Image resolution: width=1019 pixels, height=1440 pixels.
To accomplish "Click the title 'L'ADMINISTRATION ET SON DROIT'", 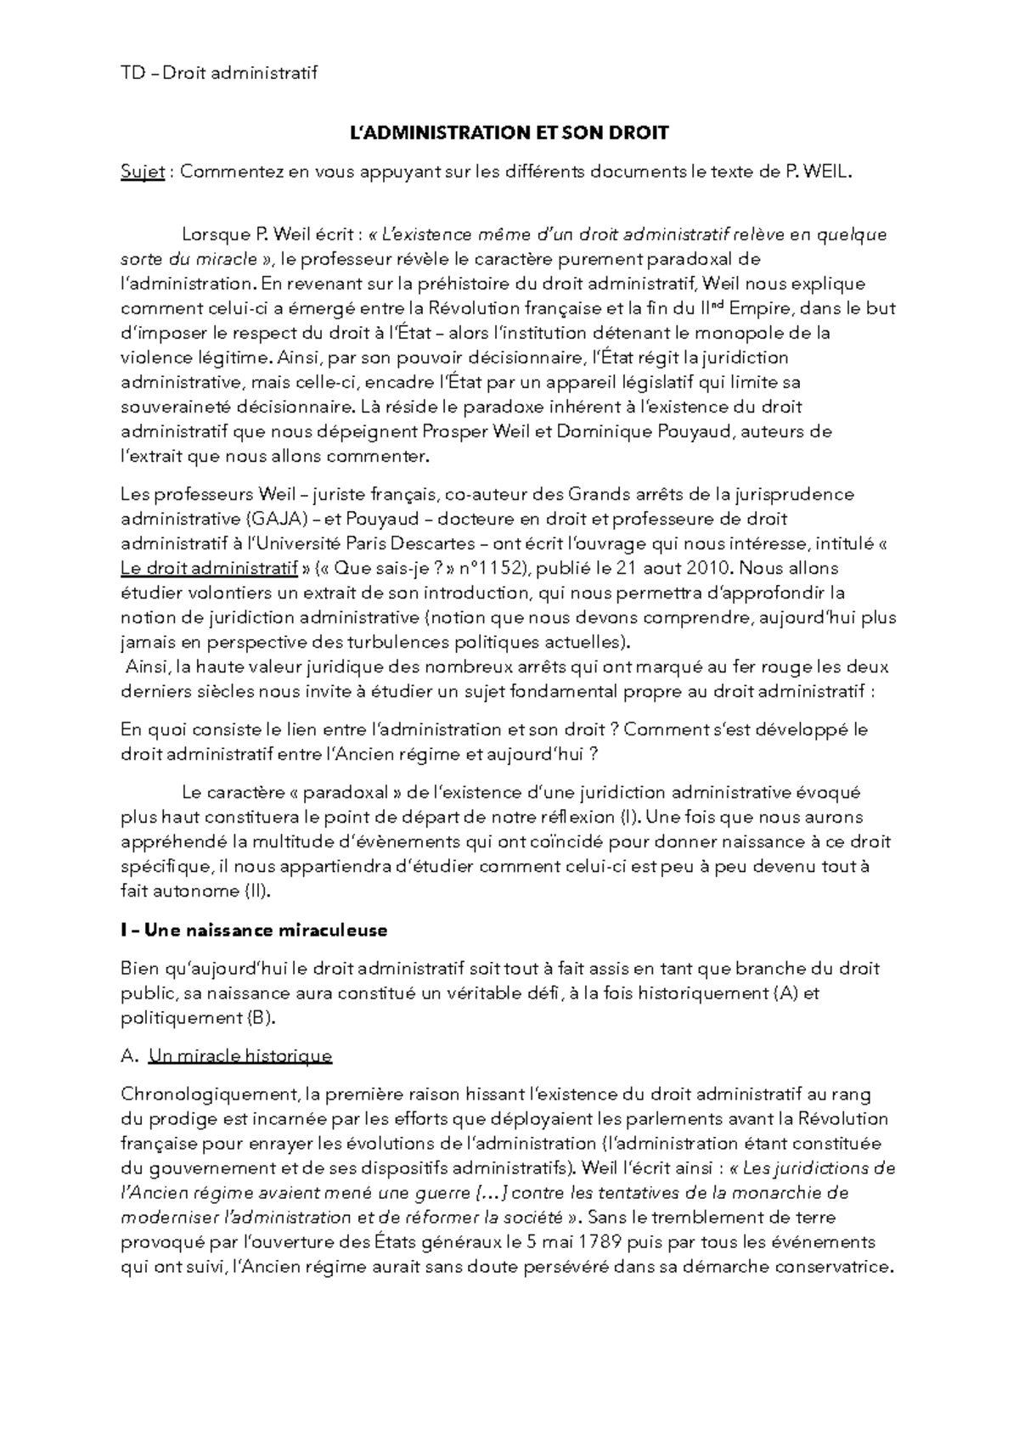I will [509, 132].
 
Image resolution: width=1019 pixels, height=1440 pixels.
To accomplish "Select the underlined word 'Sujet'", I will [142, 172].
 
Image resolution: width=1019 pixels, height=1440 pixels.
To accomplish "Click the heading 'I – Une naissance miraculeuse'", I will [254, 931].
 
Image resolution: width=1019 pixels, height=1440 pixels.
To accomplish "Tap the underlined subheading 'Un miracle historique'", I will [239, 1056].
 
